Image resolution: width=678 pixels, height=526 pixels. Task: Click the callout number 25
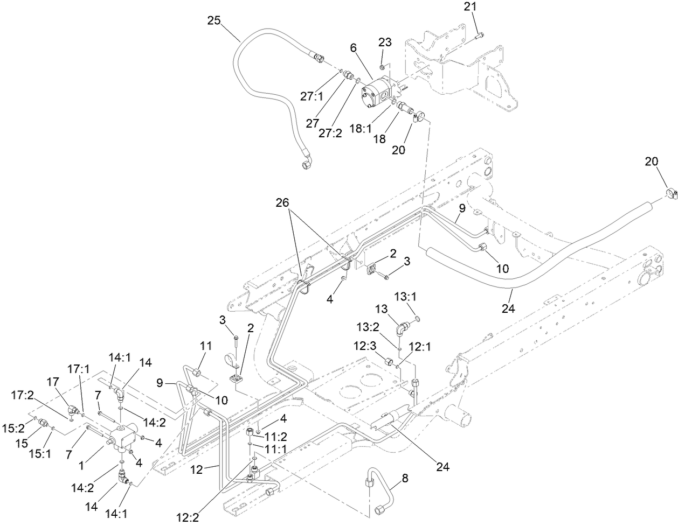pos(214,20)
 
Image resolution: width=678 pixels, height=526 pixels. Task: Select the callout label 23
pos(385,43)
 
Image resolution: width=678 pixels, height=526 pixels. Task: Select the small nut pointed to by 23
pos(382,67)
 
